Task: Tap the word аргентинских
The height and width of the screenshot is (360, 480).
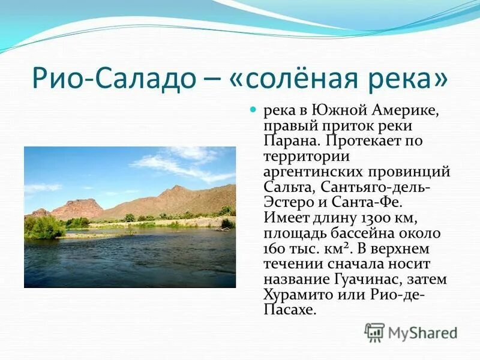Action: click(316, 172)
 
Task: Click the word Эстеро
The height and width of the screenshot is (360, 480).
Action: click(286, 202)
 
